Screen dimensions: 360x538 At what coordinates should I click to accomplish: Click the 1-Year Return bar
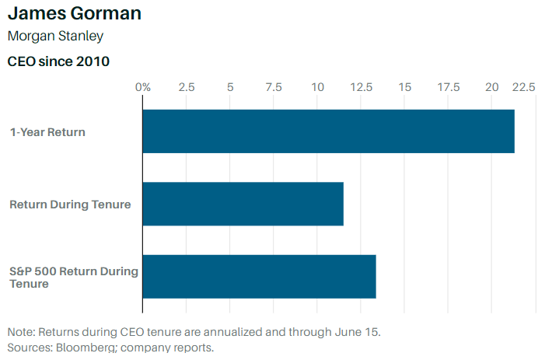coord(328,131)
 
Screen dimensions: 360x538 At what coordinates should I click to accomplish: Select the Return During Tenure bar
coord(243,204)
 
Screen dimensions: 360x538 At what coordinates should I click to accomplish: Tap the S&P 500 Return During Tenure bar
coord(259,276)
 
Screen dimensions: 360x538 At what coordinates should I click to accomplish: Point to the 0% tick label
coord(143,87)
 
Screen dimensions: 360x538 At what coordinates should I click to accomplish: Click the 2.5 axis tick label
coord(187,87)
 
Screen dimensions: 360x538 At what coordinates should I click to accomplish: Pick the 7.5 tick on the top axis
coord(274,87)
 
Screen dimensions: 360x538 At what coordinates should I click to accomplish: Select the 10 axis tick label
coord(317,87)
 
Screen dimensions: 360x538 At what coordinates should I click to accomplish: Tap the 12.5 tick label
coord(361,87)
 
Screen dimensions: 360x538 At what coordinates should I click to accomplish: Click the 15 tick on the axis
coord(404,87)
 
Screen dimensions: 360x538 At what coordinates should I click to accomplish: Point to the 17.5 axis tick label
coord(448,87)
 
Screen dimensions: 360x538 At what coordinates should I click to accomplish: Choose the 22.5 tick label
coord(523,87)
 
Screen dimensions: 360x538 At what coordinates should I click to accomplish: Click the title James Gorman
coord(75,14)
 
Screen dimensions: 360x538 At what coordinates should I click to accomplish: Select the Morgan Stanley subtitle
coord(54,36)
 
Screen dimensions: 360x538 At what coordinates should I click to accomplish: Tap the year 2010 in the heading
coord(93,61)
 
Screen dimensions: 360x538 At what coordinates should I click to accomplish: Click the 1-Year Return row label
coord(47,131)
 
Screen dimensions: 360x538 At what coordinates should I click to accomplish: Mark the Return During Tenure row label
coord(70,204)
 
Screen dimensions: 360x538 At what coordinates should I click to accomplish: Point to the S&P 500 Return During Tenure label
coord(73,277)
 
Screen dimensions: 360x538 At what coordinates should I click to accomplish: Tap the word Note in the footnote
coord(20,331)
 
